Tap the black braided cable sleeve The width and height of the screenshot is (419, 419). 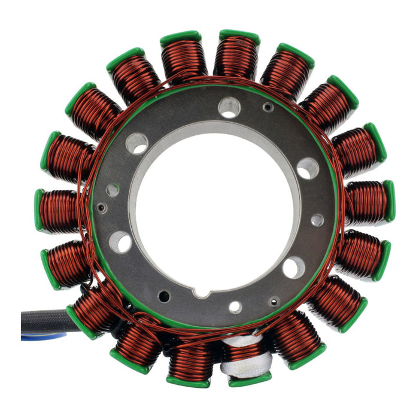(x=45, y=321)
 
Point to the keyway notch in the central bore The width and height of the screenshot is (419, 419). (x=204, y=292)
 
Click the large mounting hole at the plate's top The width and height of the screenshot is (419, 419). (x=229, y=108)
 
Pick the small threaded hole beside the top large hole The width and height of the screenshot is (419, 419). (x=268, y=108)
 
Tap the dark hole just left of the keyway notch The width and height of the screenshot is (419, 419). (x=164, y=295)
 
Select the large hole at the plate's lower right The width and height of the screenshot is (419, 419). (x=293, y=267)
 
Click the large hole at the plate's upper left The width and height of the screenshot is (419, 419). (x=137, y=143)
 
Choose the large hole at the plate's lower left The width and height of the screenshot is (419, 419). (x=121, y=242)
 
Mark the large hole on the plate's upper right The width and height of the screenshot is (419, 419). (x=308, y=168)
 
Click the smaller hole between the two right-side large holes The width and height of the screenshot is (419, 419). (x=317, y=220)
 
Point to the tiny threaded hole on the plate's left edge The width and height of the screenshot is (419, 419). (x=102, y=208)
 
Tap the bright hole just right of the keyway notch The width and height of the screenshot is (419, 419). (x=235, y=307)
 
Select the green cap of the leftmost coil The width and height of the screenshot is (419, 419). (x=39, y=210)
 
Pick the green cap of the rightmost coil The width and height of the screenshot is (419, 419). (x=389, y=201)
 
